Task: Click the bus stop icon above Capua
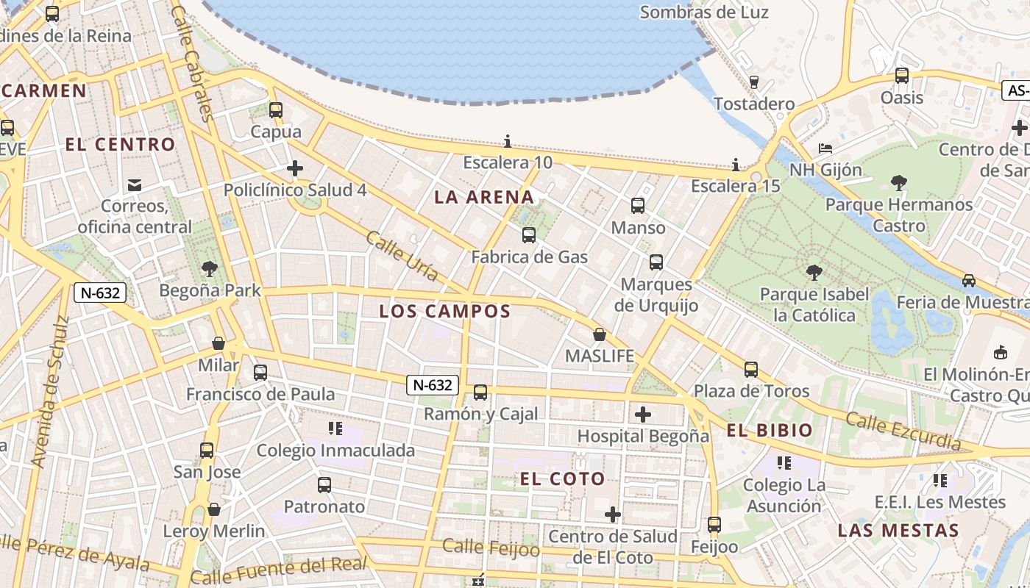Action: pyautogui.click(x=276, y=110)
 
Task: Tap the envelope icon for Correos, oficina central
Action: pyautogui.click(x=135, y=184)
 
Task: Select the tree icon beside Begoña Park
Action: pyautogui.click(x=210, y=269)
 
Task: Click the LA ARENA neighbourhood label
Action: pyautogui.click(x=484, y=197)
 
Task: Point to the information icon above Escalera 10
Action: pyautogui.click(x=507, y=141)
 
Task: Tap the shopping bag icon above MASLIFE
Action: pyautogui.click(x=600, y=335)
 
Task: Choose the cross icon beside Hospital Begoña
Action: pyautogui.click(x=643, y=415)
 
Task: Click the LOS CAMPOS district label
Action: pyautogui.click(x=444, y=311)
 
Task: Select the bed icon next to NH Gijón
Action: pyautogui.click(x=825, y=148)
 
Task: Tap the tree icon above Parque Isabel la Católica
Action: pyautogui.click(x=814, y=273)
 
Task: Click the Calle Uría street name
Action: pyautogui.click(x=402, y=257)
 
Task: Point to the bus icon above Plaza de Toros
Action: pyautogui.click(x=751, y=369)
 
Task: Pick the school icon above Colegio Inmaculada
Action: pyautogui.click(x=335, y=429)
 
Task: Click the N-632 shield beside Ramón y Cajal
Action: pyautogui.click(x=433, y=384)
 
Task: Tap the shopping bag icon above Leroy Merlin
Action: pyautogui.click(x=214, y=509)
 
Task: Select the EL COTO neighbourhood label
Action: pyautogui.click(x=563, y=479)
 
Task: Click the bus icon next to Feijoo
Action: pyautogui.click(x=714, y=525)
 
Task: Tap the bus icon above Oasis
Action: pyautogui.click(x=902, y=76)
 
